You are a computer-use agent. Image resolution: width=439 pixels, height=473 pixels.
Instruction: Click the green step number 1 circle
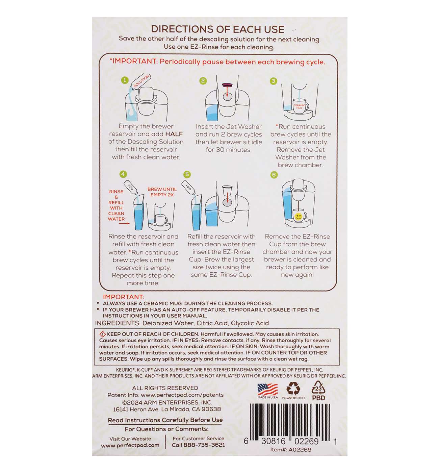pyautogui.click(x=125, y=80)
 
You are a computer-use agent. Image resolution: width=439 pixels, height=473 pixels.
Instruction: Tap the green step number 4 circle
pyautogui.click(x=123, y=174)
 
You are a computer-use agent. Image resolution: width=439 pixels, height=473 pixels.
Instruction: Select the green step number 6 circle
pyautogui.click(x=274, y=175)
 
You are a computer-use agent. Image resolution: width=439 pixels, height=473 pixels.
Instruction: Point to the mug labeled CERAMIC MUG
pyautogui.click(x=300, y=106)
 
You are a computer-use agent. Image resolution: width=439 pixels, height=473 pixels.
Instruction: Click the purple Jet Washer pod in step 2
pyautogui.click(x=227, y=85)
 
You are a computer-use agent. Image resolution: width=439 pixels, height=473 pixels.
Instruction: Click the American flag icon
pyautogui.click(x=267, y=390)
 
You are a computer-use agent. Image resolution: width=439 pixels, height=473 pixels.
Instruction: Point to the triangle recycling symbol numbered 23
pyautogui.click(x=318, y=388)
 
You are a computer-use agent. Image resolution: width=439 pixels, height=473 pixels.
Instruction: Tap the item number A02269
pyautogui.click(x=300, y=450)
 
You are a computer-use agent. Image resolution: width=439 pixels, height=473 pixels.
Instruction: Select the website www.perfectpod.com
pyautogui.click(x=130, y=445)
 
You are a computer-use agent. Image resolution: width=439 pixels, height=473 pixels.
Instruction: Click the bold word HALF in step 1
pyautogui.click(x=174, y=134)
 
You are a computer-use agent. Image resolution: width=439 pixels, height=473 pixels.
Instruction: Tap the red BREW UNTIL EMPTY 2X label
pyautogui.click(x=162, y=192)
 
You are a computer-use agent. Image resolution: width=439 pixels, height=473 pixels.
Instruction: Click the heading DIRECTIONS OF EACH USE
pyautogui.click(x=217, y=29)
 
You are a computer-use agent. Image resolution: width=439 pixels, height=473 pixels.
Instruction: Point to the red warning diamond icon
pyautogui.click(x=103, y=334)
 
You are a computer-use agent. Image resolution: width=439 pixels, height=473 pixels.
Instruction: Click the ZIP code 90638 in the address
pyautogui.click(x=211, y=409)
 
